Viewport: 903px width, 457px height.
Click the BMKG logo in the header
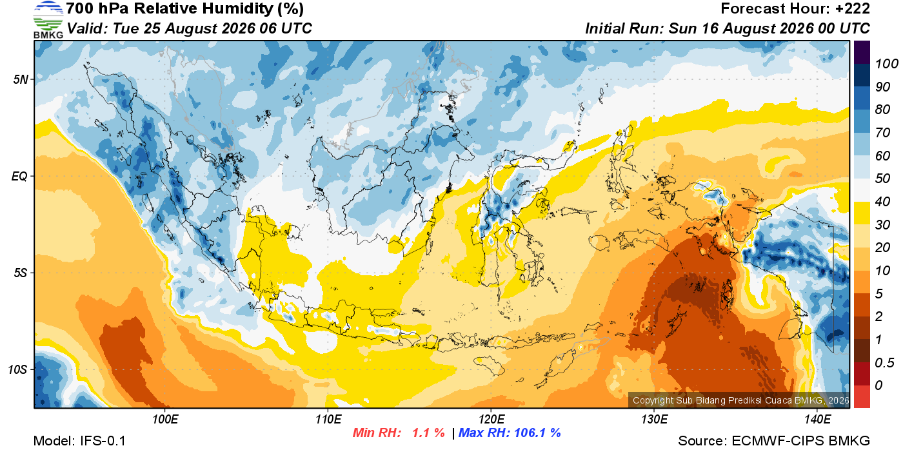[48, 20]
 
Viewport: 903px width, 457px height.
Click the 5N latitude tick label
[21, 79]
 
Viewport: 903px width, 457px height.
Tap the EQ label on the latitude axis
[19, 176]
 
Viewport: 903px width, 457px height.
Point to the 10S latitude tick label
[17, 369]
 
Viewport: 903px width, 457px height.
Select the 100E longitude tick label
[165, 419]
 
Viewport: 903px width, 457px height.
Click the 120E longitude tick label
[491, 419]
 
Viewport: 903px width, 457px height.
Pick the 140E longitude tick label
[817, 419]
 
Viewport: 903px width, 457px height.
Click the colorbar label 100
[886, 64]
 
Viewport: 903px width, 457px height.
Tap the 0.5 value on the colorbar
[884, 363]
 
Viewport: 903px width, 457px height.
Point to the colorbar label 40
[882, 202]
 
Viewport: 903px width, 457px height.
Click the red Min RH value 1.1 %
[428, 433]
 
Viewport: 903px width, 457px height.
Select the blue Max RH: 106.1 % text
[510, 433]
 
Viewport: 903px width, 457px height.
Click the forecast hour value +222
[853, 8]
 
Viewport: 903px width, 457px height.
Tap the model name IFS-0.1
[103, 441]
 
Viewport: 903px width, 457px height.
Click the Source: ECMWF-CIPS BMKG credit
[774, 441]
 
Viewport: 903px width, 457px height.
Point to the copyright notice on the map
[740, 400]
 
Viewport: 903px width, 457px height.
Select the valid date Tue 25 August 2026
[183, 28]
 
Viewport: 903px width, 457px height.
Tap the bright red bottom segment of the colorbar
[862, 396]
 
